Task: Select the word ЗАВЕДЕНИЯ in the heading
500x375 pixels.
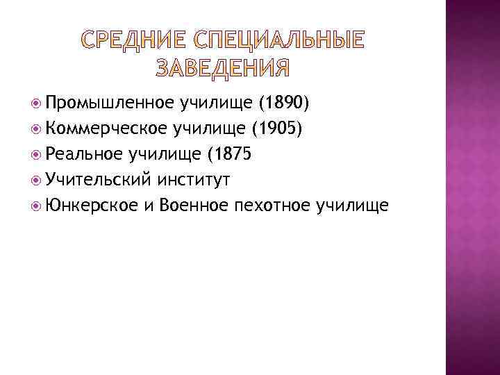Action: point(220,68)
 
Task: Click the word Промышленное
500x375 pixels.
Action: point(110,104)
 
